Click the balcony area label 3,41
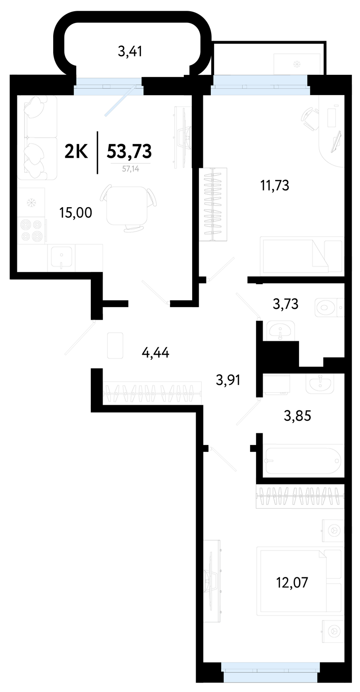click(130, 51)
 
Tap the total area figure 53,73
click(129, 151)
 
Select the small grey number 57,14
click(131, 169)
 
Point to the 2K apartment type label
click(76, 152)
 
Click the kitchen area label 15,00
click(76, 213)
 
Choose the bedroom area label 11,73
click(275, 186)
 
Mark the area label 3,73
click(286, 304)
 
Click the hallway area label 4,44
click(155, 352)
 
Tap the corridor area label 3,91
click(228, 380)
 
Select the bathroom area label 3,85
click(297, 416)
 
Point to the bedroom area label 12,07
click(292, 583)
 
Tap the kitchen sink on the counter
click(61, 257)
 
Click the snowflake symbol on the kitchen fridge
click(31, 203)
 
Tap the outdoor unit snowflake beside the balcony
click(297, 64)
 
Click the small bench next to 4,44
click(115, 346)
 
